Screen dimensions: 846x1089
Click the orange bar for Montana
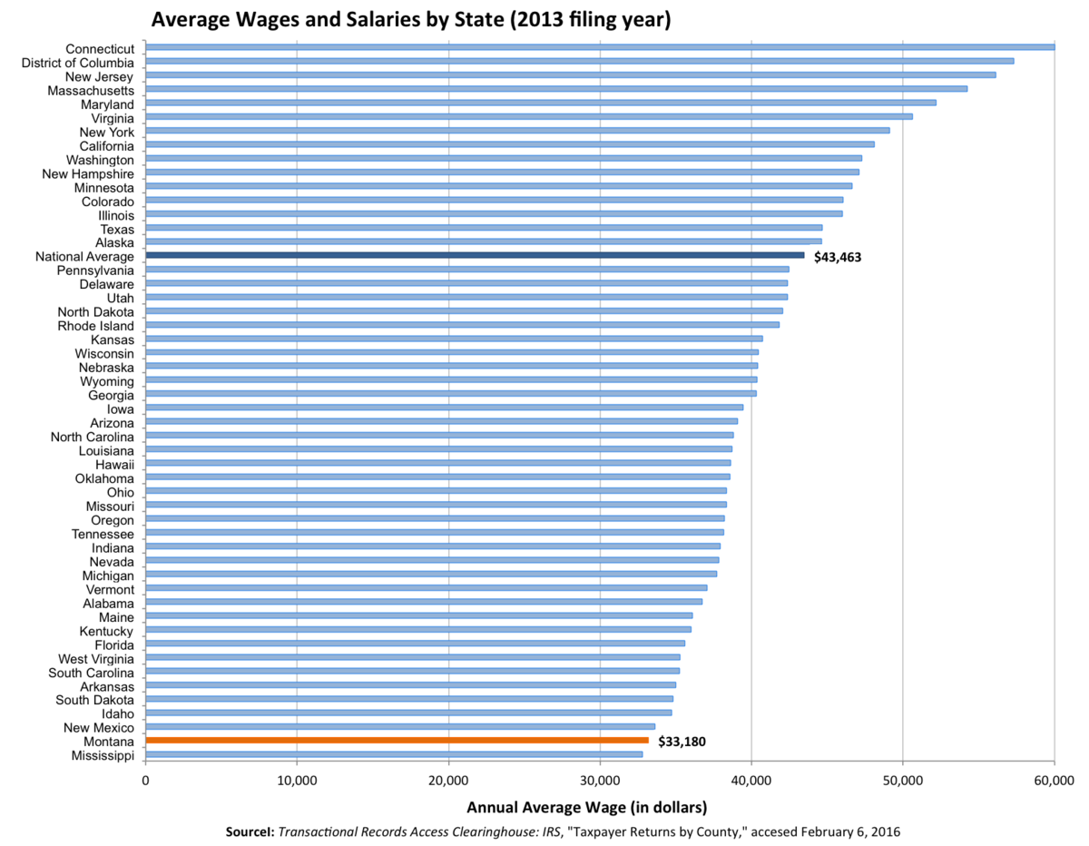click(397, 740)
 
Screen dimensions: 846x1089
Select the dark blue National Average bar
click(475, 255)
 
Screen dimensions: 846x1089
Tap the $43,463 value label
click(837, 258)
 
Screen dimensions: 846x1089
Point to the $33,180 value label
click(682, 742)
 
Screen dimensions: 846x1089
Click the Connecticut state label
click(100, 48)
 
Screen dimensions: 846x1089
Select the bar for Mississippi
click(394, 754)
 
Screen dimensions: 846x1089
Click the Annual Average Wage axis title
click(586, 807)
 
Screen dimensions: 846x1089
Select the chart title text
click(410, 20)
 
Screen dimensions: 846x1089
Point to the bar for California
click(509, 144)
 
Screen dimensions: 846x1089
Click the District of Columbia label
click(77, 63)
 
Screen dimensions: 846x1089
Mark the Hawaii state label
click(114, 464)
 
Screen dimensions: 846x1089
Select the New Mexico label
click(99, 728)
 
